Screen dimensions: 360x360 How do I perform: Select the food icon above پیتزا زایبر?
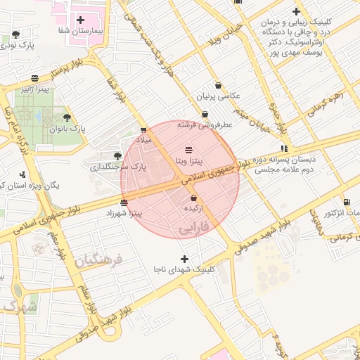pyautogui.click(x=35, y=78)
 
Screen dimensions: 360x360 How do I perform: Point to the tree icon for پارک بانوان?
pyautogui.click(x=67, y=118)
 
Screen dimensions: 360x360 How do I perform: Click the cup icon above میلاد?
pyautogui.click(x=143, y=129)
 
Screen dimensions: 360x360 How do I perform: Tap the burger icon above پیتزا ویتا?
pyautogui.click(x=189, y=150)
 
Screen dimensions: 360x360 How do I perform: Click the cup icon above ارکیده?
pyautogui.click(x=193, y=198)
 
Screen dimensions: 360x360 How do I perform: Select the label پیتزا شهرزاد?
pyautogui.click(x=124, y=212)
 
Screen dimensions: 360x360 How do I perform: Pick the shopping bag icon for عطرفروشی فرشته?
pyautogui.click(x=205, y=114)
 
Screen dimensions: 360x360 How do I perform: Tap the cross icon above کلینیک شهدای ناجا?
pyautogui.click(x=185, y=259)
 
